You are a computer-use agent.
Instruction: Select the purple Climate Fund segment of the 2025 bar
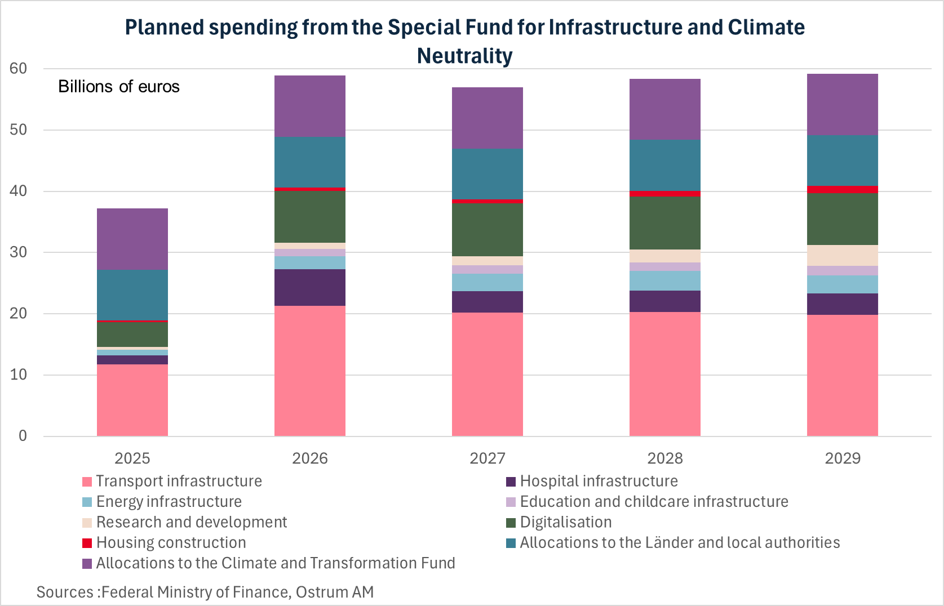[132, 239]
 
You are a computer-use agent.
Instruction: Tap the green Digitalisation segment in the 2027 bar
[487, 230]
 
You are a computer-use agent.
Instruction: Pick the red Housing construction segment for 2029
[842, 189]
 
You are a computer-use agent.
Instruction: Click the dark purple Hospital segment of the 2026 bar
[309, 287]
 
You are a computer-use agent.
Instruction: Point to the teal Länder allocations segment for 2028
[664, 165]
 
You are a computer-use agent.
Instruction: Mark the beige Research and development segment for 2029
[842, 255]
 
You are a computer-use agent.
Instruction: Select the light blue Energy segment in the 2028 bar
[664, 280]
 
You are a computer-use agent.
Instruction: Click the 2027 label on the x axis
[487, 458]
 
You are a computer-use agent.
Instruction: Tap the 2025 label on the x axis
[132, 458]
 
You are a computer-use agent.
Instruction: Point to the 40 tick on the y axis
[18, 191]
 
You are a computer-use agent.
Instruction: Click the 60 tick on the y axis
[18, 69]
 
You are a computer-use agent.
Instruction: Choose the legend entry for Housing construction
[171, 542]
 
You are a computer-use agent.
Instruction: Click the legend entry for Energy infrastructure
[169, 501]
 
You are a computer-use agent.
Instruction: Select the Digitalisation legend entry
[565, 522]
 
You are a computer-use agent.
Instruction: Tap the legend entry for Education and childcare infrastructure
[654, 501]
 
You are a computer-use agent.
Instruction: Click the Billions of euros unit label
[119, 86]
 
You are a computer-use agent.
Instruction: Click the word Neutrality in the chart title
[464, 56]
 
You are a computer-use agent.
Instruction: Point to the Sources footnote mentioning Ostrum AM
[205, 592]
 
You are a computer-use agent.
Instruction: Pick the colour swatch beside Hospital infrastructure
[511, 482]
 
